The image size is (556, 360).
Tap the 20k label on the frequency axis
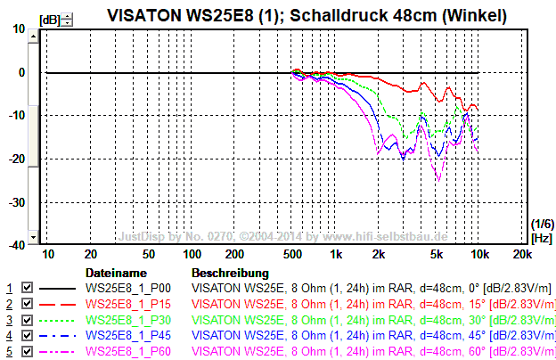pos(524,255)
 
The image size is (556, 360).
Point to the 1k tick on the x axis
pos(336,255)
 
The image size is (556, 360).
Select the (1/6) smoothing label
pos(541,223)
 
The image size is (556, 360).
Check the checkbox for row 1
pos(27,289)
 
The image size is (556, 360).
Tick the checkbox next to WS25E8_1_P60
pos(27,351)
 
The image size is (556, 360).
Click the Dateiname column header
pos(115,273)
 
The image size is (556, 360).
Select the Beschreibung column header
pos(230,273)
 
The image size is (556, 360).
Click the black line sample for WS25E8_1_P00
pos(58,289)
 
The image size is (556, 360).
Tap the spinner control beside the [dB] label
pos(69,19)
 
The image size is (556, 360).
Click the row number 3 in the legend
pos(9,320)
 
